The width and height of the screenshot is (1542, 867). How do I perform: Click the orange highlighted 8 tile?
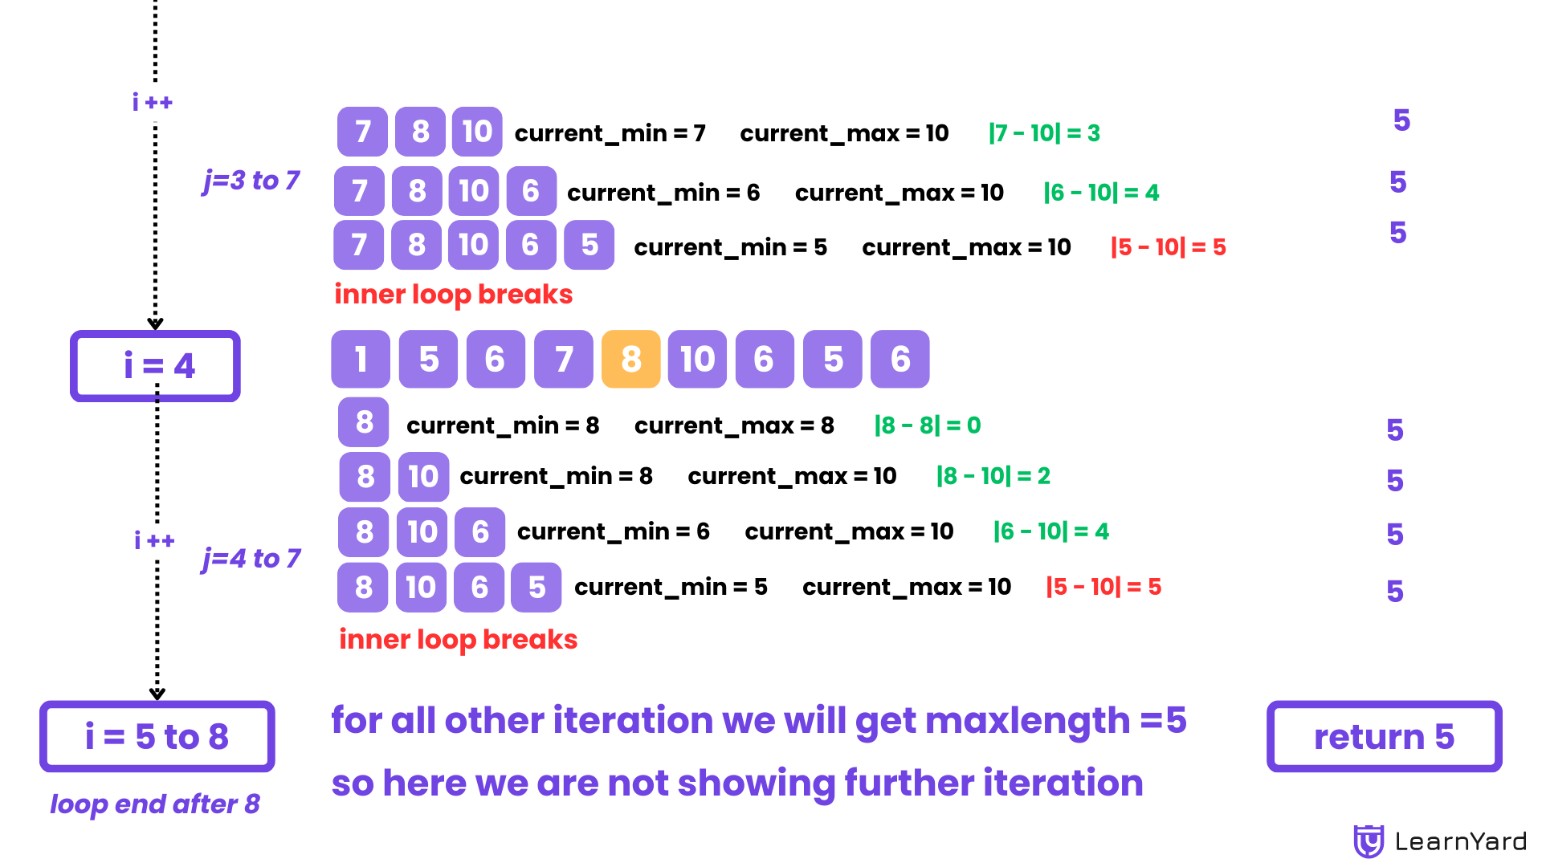coord(630,359)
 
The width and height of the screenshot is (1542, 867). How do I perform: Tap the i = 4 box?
coord(155,366)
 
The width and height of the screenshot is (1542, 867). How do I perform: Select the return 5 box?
coord(1384,736)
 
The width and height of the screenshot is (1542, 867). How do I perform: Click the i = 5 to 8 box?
coord(157,736)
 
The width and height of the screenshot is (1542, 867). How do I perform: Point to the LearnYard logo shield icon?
coord(1369,841)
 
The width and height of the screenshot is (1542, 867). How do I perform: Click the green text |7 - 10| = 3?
coord(1044,133)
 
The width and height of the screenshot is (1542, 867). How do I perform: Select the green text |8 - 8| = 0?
coord(928,425)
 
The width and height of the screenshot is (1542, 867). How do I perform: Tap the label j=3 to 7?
coord(251,181)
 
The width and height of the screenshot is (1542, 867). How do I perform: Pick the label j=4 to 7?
coord(251,559)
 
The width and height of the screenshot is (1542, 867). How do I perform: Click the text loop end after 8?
coord(155,804)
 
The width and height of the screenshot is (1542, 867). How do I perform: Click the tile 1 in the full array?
coord(361,359)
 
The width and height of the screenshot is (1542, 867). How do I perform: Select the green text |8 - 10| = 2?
coord(993,476)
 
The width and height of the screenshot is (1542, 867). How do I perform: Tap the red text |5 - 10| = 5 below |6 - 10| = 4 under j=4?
coord(1103,587)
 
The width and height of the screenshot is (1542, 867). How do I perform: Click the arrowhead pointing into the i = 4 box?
coord(155,324)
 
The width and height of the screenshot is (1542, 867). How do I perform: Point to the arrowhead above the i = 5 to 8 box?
coord(157,694)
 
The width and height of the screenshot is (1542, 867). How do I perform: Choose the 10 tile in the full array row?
coord(697,359)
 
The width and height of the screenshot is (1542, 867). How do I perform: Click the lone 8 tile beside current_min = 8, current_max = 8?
coord(364,422)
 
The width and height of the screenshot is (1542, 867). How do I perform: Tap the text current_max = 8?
coord(734,425)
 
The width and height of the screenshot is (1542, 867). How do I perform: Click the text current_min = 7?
coord(610,133)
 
